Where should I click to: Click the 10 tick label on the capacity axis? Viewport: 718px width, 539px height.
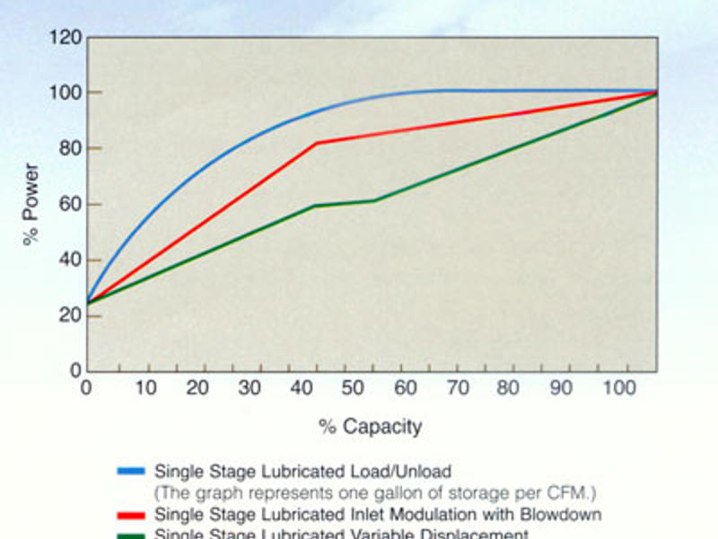click(x=145, y=388)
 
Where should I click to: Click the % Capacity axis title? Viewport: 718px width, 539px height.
click(x=370, y=427)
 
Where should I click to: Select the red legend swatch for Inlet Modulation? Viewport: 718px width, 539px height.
click(x=132, y=515)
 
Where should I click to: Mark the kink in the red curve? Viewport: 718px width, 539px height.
click(x=316, y=143)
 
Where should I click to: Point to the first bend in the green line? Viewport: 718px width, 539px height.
click(x=314, y=206)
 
